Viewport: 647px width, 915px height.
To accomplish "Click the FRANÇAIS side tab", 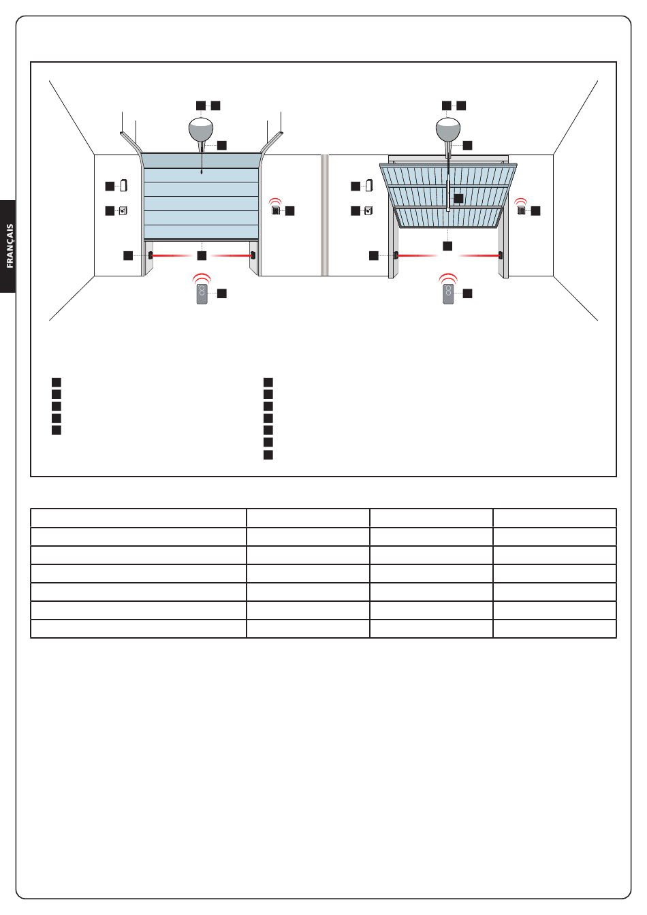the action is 8,246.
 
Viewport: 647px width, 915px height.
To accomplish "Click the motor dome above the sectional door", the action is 201,129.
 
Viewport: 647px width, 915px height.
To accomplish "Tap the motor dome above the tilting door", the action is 448,129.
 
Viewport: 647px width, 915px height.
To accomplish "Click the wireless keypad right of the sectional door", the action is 275,210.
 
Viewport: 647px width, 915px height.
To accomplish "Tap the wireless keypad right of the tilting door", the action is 521,210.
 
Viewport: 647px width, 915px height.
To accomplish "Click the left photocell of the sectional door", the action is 151,255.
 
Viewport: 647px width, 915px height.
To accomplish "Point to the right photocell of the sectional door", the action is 253,255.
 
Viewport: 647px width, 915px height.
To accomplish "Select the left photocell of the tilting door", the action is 396,255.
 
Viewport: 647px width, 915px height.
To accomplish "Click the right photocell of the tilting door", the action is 501,255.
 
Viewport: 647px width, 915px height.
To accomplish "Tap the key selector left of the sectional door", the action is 123,211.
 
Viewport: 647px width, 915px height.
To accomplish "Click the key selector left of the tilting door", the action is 368,211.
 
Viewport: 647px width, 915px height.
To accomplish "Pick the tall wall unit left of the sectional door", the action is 123,185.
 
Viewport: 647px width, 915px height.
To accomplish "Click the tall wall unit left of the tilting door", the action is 369,185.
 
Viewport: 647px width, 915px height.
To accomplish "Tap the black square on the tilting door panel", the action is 458,198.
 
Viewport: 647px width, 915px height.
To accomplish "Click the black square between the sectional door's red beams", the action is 202,256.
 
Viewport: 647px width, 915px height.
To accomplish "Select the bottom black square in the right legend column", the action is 268,455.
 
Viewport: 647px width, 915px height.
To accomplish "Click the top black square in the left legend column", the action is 57,383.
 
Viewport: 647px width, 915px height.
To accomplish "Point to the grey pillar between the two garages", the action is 325,215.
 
